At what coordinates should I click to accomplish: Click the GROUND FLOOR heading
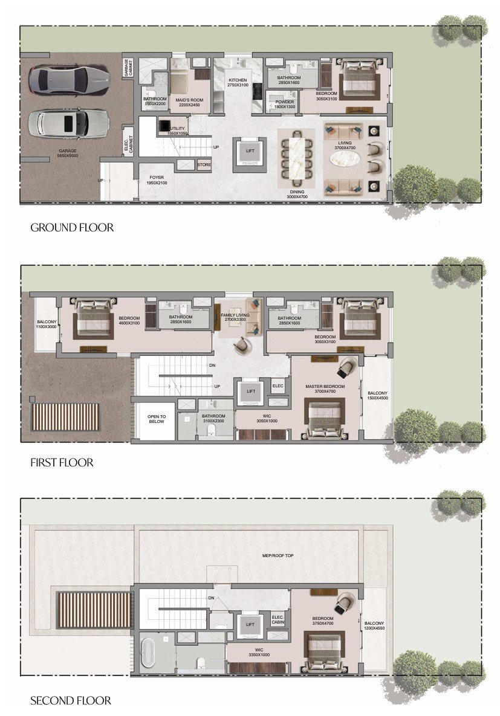click(72, 228)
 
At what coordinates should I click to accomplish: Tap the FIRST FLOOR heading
click(62, 463)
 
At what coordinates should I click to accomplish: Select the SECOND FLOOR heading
click(71, 701)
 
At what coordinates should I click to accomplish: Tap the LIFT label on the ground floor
click(250, 151)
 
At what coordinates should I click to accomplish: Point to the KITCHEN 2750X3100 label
click(238, 83)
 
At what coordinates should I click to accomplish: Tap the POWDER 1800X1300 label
click(284, 104)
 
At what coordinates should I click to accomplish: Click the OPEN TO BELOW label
click(156, 419)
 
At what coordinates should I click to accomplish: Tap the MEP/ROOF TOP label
click(278, 555)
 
